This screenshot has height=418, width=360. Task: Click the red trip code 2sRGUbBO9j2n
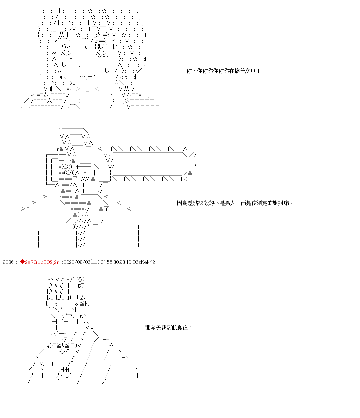click(x=42, y=262)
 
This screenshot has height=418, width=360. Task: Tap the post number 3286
click(x=8, y=262)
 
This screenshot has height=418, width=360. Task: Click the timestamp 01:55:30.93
click(x=113, y=262)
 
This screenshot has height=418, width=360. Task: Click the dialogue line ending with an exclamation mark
click(x=223, y=71)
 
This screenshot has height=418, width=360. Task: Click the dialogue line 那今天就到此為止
click(x=168, y=328)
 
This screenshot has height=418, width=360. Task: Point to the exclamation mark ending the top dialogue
click(x=258, y=71)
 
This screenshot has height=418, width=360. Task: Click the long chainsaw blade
click(x=147, y=164)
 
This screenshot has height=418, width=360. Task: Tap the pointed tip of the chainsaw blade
click(x=195, y=160)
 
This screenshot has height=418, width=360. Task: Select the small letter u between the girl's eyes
click(x=86, y=47)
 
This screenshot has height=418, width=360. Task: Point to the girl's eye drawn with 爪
click(x=66, y=47)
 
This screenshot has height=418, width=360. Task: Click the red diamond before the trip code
click(x=22, y=262)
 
